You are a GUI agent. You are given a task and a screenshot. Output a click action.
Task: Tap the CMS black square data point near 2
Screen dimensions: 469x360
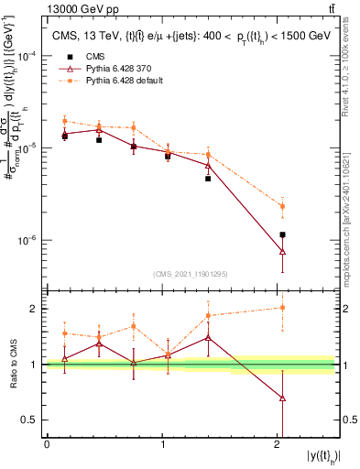tap(282, 234)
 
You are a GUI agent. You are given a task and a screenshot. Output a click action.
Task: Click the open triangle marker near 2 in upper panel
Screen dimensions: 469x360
tap(282, 251)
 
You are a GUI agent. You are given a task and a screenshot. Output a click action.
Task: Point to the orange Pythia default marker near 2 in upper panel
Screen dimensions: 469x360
tap(282, 206)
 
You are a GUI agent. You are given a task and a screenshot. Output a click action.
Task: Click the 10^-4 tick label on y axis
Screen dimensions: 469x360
tap(28, 55)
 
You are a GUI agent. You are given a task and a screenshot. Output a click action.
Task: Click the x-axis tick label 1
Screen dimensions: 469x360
tap(162, 444)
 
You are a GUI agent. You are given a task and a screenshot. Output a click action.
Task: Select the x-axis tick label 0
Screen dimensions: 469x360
tap(47, 444)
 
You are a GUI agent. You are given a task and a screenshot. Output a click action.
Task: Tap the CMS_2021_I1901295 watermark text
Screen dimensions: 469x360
tap(191, 275)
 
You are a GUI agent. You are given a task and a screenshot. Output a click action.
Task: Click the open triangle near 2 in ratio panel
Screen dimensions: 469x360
tap(282, 398)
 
